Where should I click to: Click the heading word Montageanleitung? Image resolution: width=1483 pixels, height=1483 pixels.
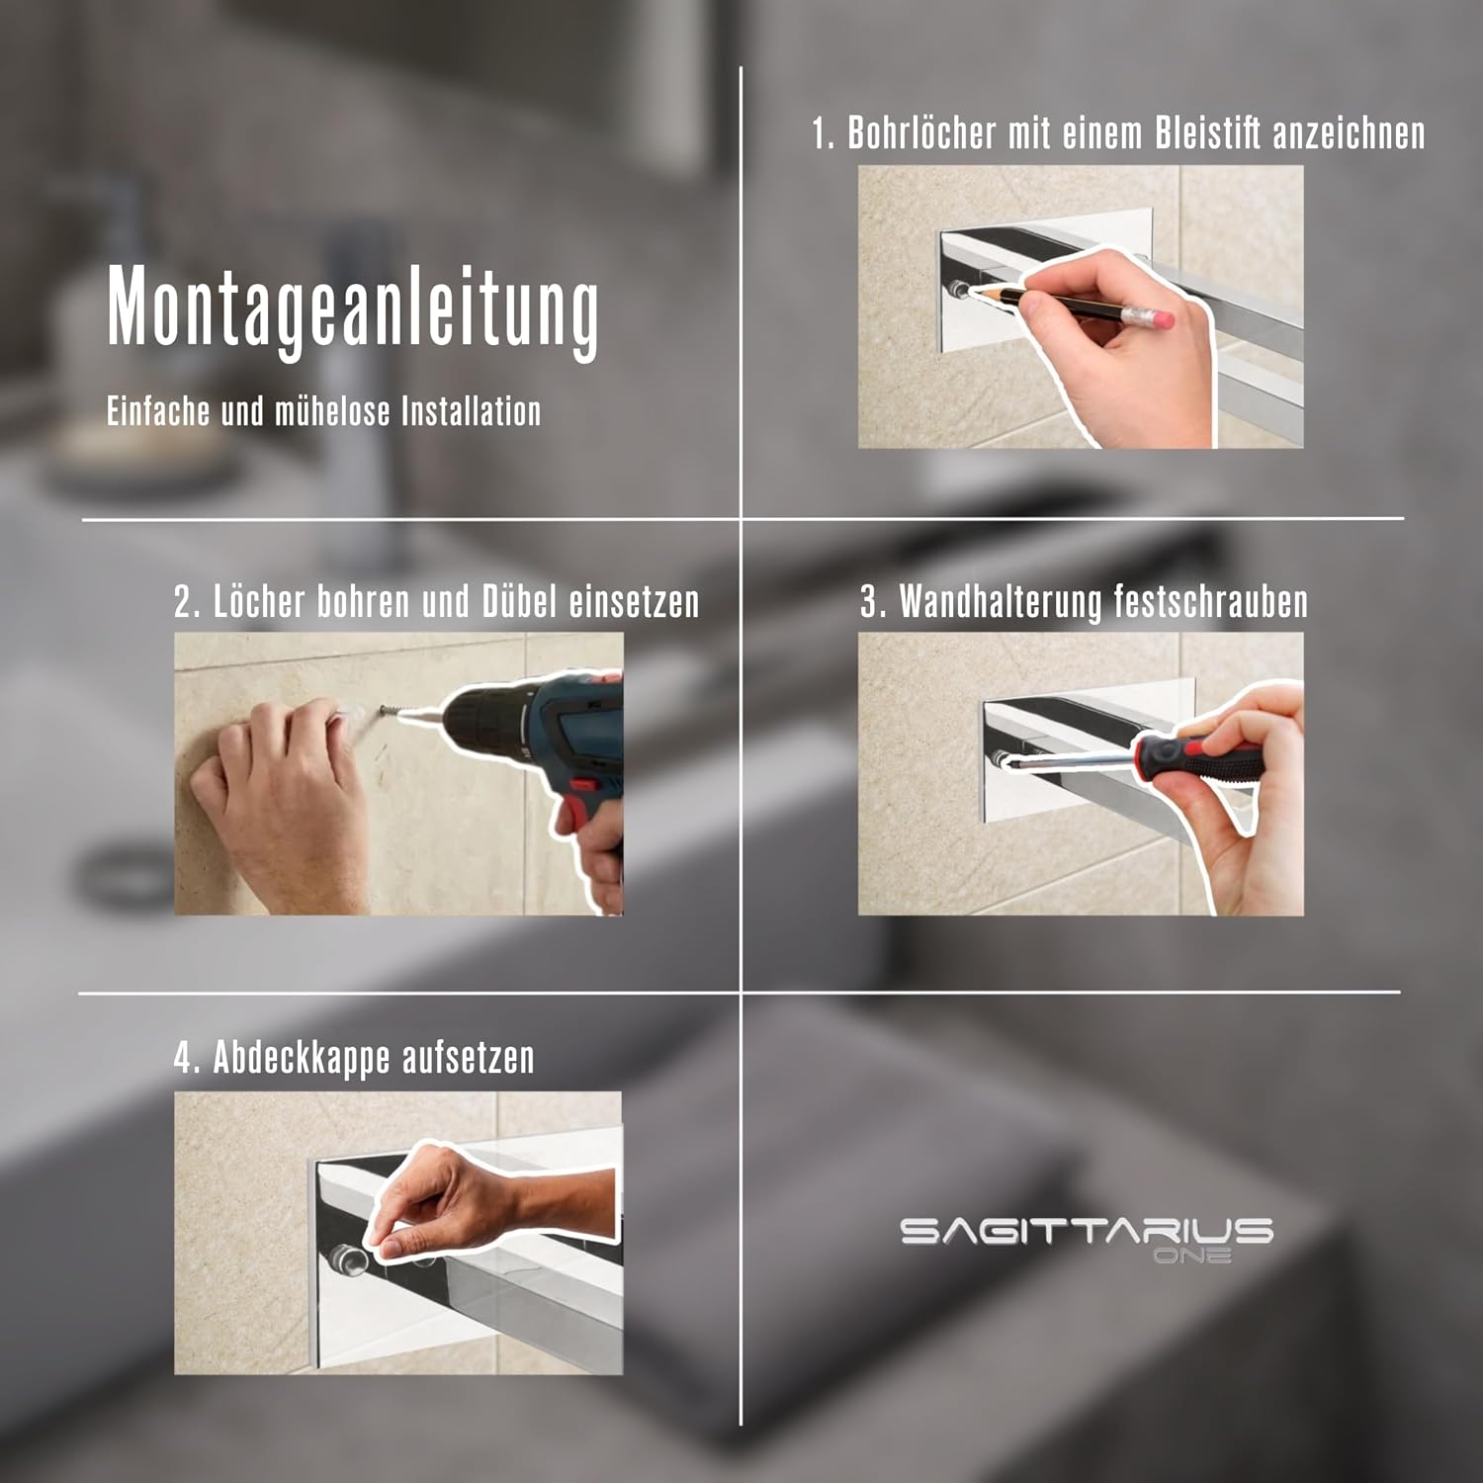(353, 307)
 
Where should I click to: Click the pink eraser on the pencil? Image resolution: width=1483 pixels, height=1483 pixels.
(1158, 318)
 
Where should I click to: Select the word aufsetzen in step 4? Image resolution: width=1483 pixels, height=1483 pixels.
(455, 1058)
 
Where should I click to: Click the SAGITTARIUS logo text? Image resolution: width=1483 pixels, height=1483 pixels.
(1087, 1231)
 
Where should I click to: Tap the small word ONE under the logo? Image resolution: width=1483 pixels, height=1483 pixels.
(1192, 1256)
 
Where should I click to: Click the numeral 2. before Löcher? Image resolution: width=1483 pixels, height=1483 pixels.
(187, 601)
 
